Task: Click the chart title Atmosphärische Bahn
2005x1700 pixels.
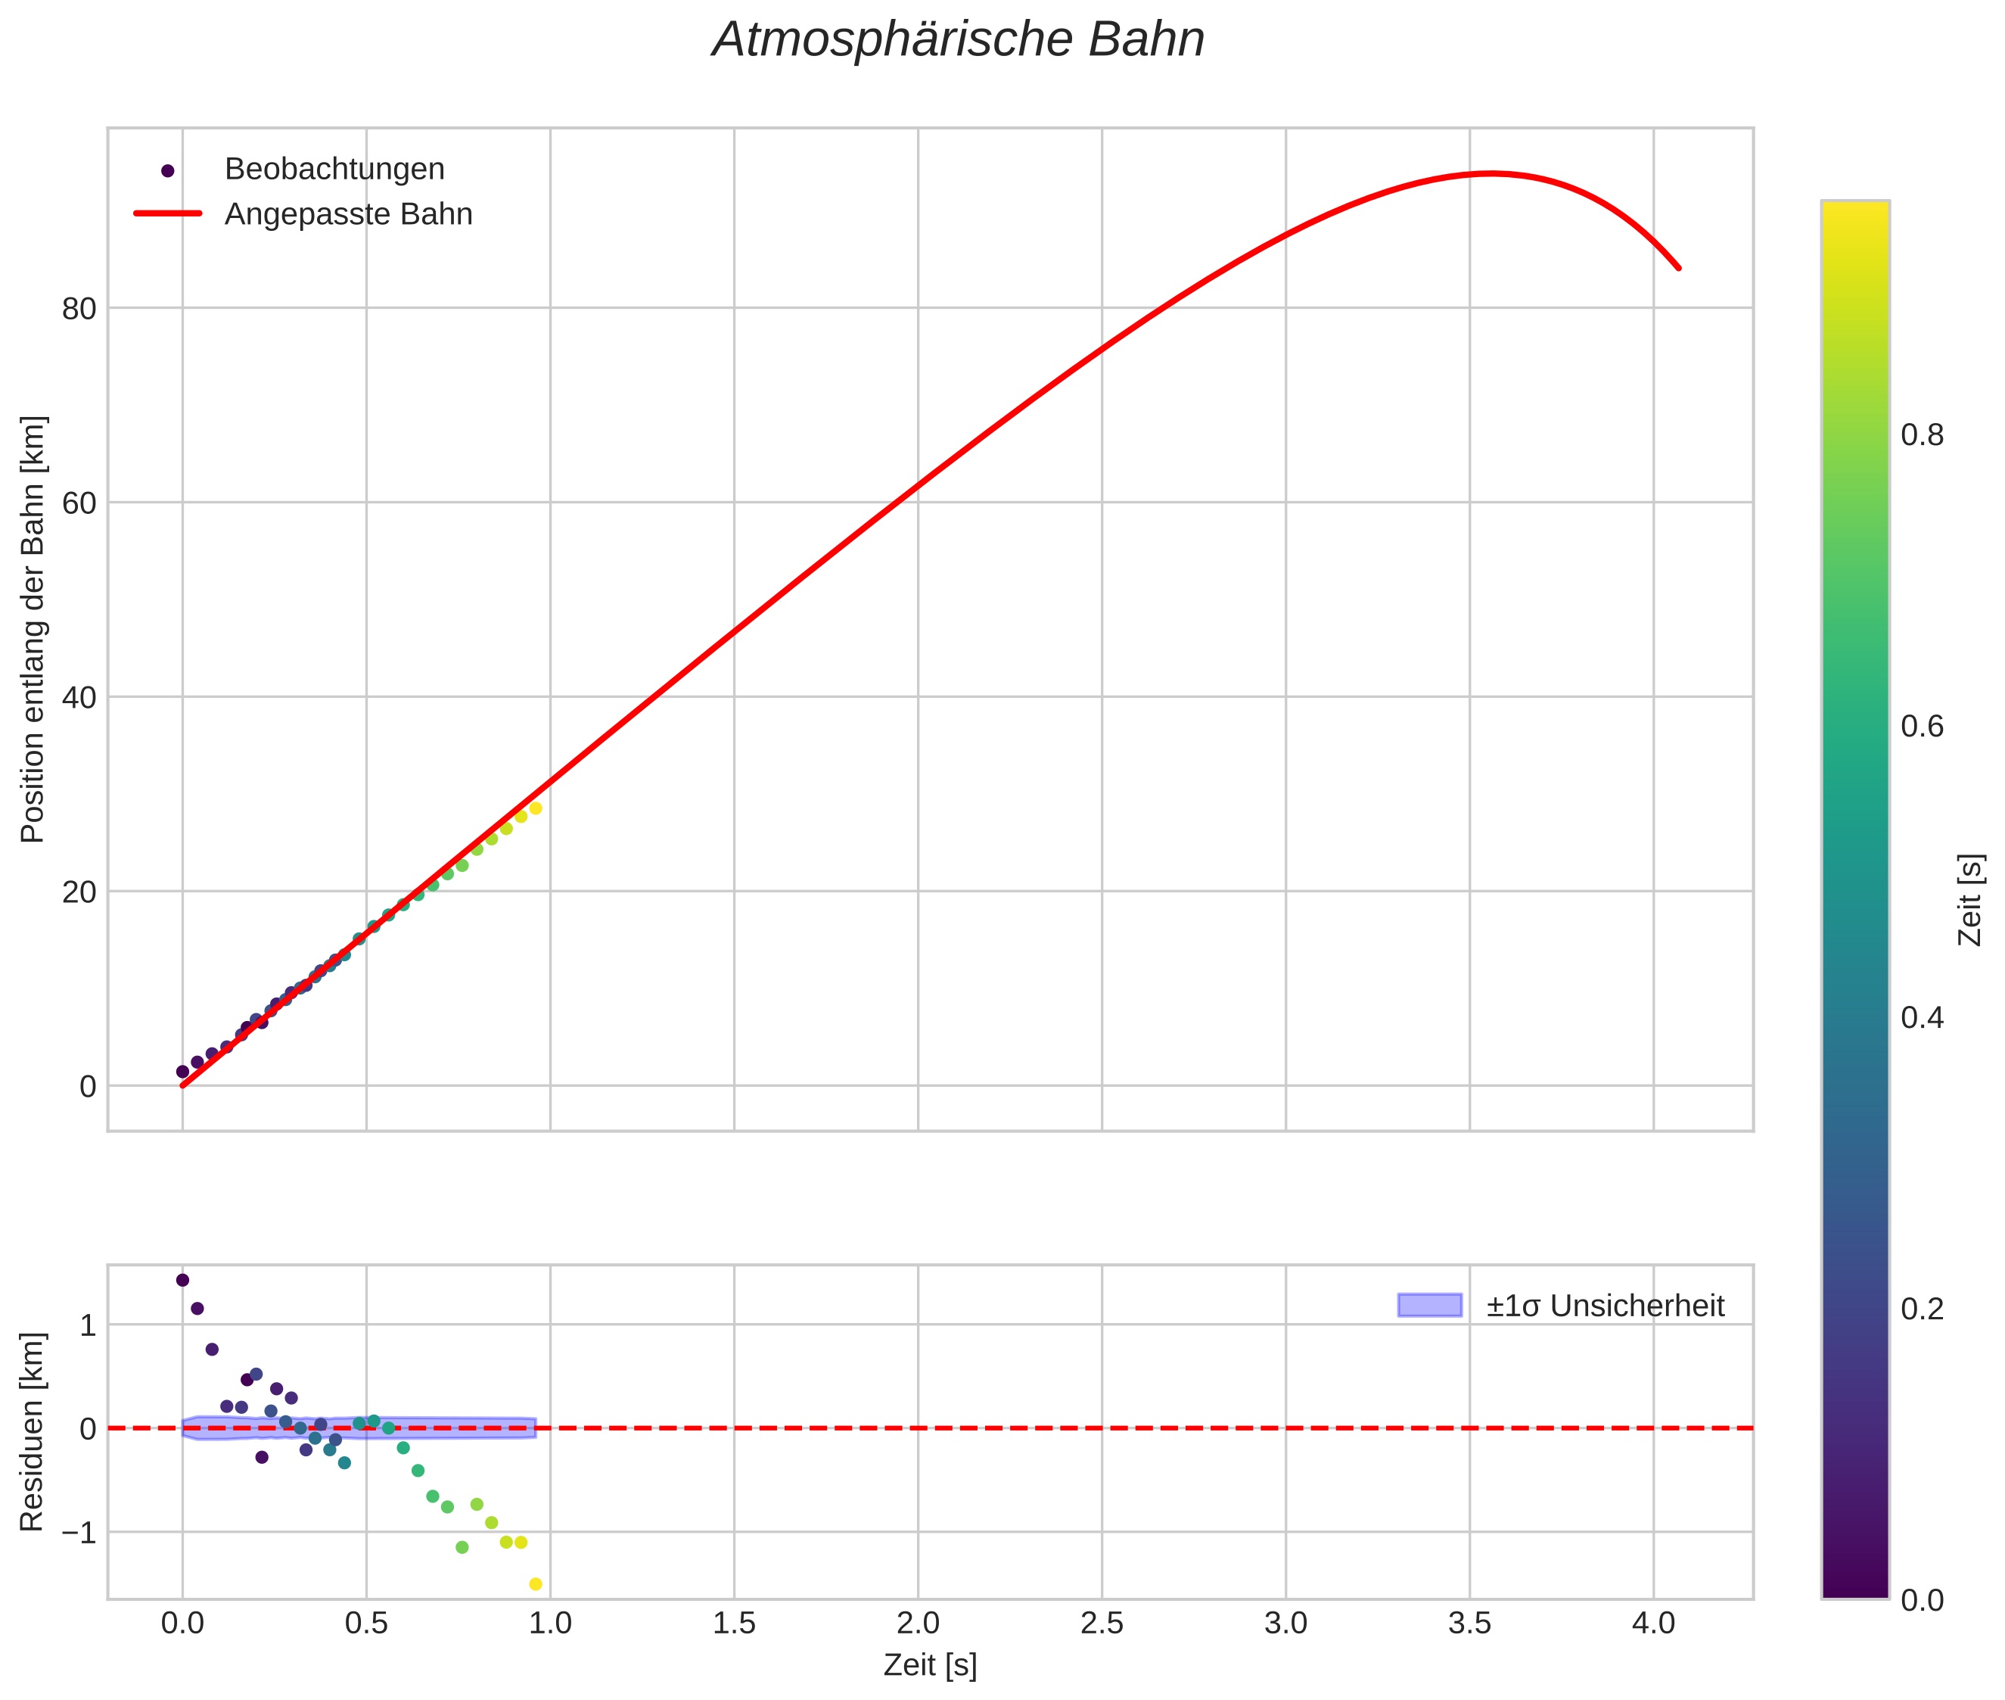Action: pos(958,40)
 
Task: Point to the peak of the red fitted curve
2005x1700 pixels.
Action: pos(1491,173)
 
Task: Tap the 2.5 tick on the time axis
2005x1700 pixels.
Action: pos(1102,1624)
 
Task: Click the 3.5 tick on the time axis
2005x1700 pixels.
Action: pos(1469,1624)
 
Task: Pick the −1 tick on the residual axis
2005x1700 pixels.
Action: pos(73,1532)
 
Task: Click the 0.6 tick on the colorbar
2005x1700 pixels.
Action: pos(1921,727)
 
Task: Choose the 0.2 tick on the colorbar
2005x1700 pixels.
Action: pos(1921,1309)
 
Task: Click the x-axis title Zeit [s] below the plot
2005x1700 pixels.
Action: pos(930,1665)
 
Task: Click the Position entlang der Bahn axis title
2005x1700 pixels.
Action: pos(33,628)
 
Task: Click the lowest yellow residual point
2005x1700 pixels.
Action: pos(536,1584)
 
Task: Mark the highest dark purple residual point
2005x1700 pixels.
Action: pos(182,1280)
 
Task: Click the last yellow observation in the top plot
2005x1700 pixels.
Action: pos(536,808)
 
